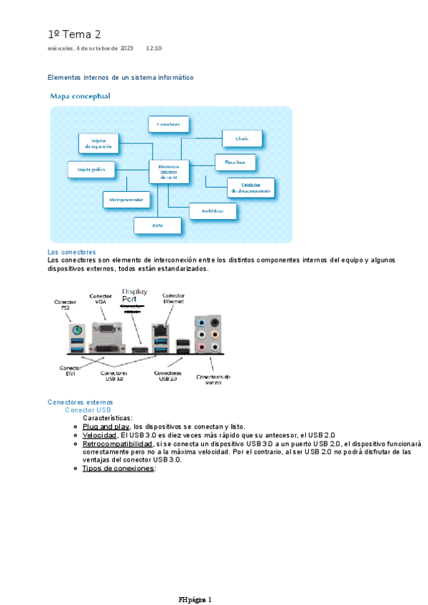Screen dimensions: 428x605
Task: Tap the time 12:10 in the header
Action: point(153,49)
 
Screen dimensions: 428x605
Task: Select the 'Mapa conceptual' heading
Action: point(80,96)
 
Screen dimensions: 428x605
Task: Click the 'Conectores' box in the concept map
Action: point(168,124)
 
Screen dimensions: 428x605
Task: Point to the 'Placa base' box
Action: point(235,163)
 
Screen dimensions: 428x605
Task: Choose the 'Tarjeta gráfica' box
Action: point(90,169)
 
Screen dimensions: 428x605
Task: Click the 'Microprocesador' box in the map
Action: point(127,200)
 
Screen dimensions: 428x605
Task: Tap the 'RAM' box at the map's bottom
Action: point(158,225)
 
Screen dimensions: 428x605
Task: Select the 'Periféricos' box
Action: point(213,212)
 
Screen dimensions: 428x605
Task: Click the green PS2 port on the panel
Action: point(75,331)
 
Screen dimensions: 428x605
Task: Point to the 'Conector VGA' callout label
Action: point(101,298)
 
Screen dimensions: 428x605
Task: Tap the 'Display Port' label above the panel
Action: point(134,295)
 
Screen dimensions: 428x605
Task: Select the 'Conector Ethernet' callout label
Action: point(173,298)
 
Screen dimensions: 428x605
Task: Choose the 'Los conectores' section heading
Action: point(71,253)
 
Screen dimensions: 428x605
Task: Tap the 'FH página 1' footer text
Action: point(195,579)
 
